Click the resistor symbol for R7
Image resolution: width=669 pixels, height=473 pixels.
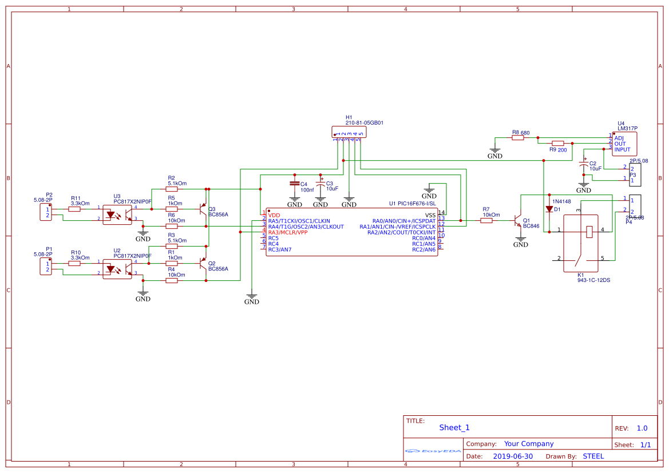(x=486, y=220)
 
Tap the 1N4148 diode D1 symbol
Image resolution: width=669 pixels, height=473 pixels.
(x=549, y=209)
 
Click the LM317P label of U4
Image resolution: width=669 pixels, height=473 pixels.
(x=627, y=129)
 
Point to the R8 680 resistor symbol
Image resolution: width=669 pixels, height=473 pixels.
(x=517, y=138)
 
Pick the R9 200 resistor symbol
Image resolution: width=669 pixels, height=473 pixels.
(x=557, y=144)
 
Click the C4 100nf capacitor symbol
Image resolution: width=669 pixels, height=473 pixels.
(x=294, y=184)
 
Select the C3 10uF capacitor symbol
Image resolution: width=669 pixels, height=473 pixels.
(x=320, y=184)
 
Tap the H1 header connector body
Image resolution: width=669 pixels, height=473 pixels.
(x=349, y=132)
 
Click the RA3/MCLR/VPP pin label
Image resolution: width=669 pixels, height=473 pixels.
(x=288, y=233)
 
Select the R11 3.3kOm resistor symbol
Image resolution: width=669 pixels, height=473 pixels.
(x=74, y=209)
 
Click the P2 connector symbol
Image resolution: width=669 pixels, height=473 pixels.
(x=46, y=212)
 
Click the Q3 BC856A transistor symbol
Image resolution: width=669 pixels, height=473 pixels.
(x=203, y=209)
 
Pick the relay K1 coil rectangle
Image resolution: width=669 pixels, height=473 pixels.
(x=589, y=231)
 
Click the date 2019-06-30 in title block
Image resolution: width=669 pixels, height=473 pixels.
(x=512, y=456)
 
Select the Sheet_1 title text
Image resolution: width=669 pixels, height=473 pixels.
(x=454, y=427)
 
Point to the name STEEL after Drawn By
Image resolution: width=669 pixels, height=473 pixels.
(x=593, y=456)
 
